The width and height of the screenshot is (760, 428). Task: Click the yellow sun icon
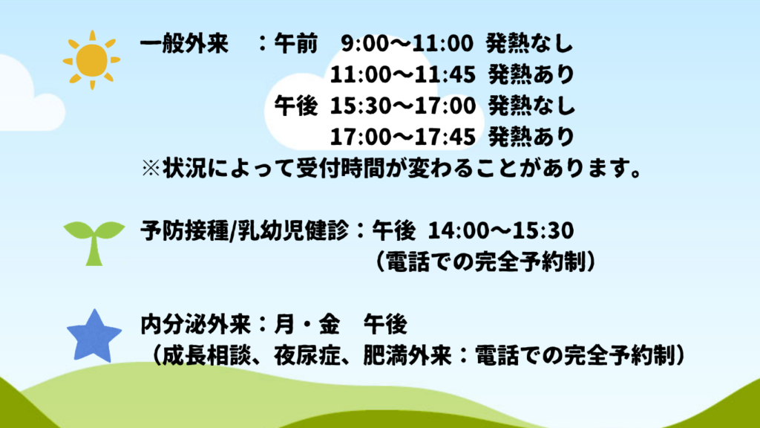pyautogui.click(x=91, y=60)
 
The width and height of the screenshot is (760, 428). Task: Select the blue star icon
pyautogui.click(x=94, y=337)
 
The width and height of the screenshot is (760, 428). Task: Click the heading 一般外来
pyautogui.click(x=184, y=44)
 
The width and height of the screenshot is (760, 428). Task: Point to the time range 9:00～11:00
pyautogui.click(x=407, y=44)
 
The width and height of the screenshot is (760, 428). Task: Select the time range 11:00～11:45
pyautogui.click(x=403, y=75)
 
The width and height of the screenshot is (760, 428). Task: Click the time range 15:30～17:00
pyautogui.click(x=403, y=106)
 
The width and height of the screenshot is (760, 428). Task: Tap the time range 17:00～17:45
pyautogui.click(x=403, y=137)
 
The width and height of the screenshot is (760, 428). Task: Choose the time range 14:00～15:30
pyautogui.click(x=501, y=230)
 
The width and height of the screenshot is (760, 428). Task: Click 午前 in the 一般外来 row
pyautogui.click(x=295, y=44)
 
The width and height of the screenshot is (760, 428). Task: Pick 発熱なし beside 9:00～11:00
pyautogui.click(x=530, y=44)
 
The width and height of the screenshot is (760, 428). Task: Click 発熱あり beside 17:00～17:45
pyautogui.click(x=531, y=137)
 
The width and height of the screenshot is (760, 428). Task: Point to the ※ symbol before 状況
pyautogui.click(x=151, y=169)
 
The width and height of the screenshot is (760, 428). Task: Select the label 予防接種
pyautogui.click(x=184, y=230)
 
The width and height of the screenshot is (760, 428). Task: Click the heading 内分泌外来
pyautogui.click(x=195, y=325)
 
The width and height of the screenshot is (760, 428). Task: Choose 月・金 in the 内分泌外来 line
pyautogui.click(x=307, y=325)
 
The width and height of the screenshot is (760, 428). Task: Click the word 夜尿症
pyautogui.click(x=307, y=356)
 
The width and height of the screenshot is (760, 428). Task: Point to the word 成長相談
pyautogui.click(x=206, y=356)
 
